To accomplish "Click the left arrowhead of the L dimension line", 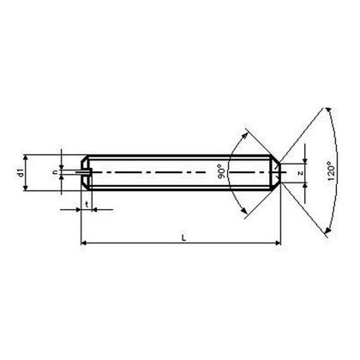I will (x=84, y=243).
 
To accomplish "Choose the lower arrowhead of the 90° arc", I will (x=251, y=213).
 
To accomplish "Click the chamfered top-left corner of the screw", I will (x=85, y=159).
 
